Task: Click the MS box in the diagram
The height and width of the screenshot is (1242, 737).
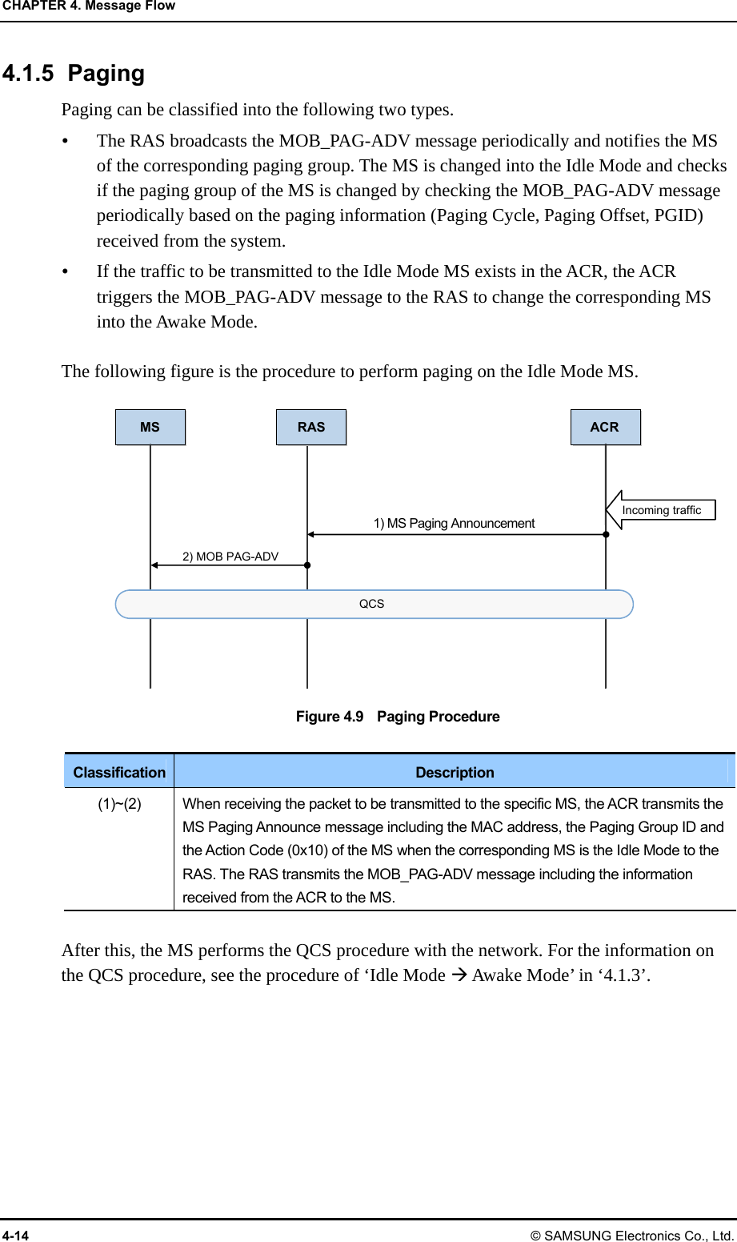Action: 150,427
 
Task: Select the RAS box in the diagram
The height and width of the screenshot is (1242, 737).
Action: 311,427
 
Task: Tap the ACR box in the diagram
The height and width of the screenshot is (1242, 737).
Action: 605,427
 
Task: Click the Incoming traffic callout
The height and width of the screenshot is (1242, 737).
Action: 662,510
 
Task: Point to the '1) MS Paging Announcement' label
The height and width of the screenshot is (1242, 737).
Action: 454,523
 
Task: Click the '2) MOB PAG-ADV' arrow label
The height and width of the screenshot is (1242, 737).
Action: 230,557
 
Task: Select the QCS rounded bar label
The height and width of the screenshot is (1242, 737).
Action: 371,604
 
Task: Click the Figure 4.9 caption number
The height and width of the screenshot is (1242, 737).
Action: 330,717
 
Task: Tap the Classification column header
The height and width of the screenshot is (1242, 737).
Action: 119,772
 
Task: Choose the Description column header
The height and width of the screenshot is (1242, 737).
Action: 455,772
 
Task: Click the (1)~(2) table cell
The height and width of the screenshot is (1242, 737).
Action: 119,804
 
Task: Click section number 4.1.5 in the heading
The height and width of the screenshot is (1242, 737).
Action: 28,74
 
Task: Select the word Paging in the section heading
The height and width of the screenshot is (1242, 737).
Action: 106,74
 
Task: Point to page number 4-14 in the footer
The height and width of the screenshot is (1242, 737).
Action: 15,1236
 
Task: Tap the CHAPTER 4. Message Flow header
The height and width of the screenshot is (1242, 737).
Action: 89,6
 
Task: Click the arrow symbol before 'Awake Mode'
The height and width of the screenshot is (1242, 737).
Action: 459,975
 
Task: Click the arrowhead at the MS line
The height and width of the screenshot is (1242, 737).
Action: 155,565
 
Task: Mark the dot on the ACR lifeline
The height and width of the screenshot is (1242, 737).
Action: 606,534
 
